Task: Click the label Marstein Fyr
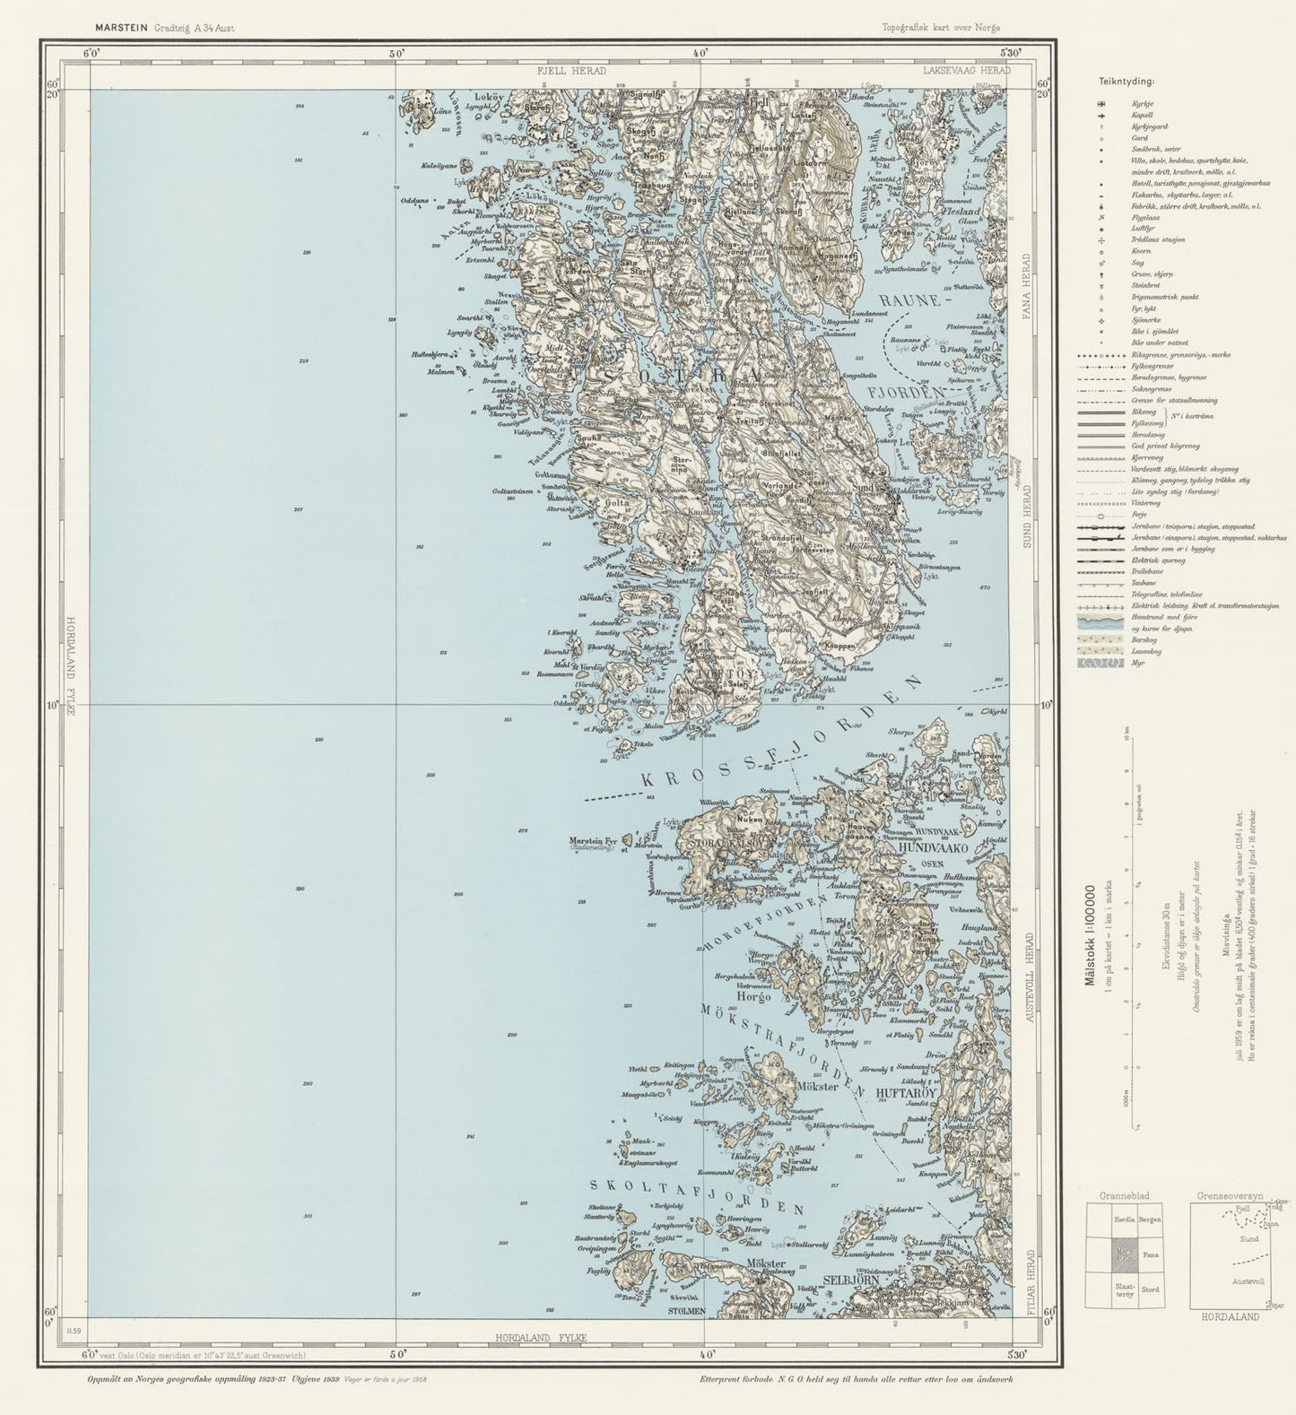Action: [594, 840]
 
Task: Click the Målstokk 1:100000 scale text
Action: [1092, 936]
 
